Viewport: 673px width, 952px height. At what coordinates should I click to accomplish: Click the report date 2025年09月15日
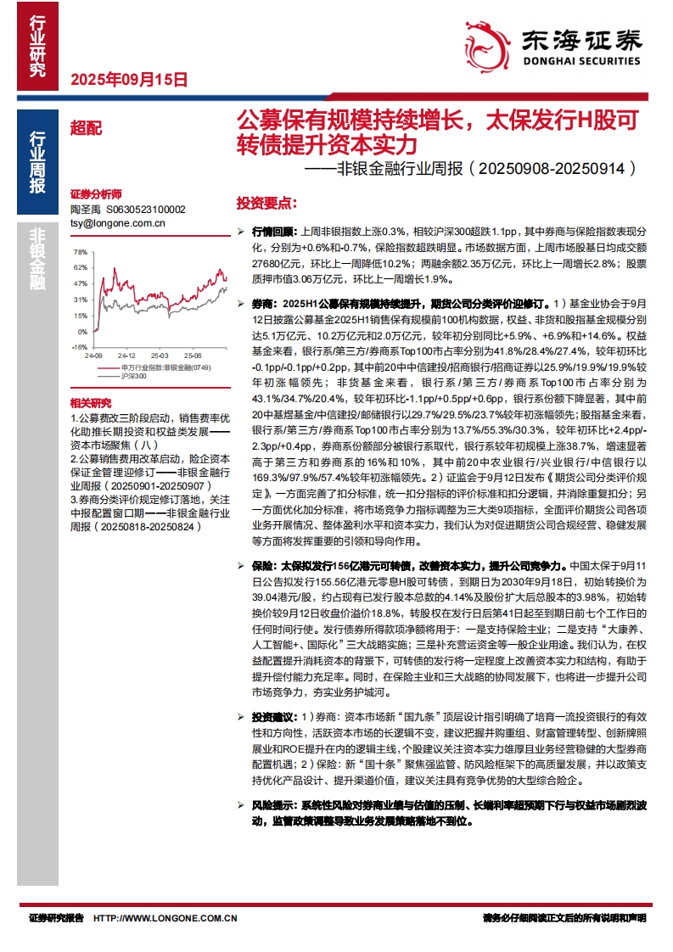point(127,80)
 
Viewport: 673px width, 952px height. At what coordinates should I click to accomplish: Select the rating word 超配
point(85,128)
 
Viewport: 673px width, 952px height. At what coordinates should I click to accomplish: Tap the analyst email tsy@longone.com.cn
point(117,223)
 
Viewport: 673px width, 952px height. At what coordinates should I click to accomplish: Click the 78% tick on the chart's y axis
point(81,252)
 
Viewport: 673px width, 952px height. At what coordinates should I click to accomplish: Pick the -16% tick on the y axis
point(79,346)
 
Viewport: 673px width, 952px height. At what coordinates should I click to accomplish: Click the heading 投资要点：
point(266,203)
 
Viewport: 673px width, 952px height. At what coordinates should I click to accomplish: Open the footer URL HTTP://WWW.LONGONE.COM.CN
point(165,918)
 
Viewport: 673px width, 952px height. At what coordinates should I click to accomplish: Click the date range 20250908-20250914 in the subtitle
point(552,169)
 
